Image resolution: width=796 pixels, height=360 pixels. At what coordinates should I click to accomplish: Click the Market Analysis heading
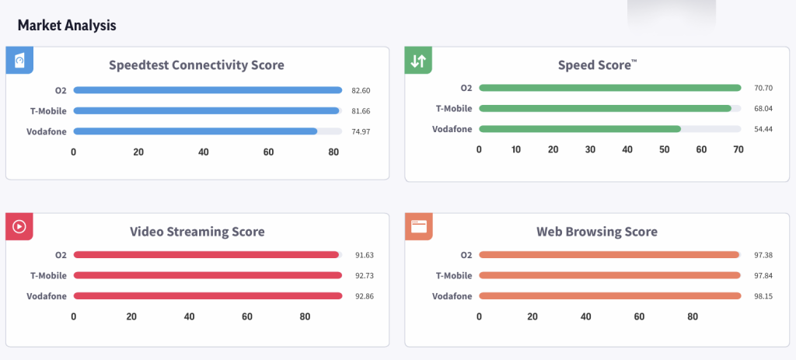67,26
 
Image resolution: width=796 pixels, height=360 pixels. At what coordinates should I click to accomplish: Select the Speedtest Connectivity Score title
197,65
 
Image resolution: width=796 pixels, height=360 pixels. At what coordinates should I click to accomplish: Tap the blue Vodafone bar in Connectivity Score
195,131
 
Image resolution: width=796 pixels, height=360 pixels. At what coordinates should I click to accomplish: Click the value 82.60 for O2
361,91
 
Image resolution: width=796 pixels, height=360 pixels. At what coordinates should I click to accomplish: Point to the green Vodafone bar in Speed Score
580,128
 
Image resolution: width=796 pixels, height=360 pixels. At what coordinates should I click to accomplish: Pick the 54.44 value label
764,129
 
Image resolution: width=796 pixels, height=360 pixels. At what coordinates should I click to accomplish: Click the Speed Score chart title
597,65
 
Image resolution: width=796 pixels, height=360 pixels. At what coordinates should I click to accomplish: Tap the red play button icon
19,227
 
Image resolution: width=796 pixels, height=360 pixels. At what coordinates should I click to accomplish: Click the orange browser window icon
418,226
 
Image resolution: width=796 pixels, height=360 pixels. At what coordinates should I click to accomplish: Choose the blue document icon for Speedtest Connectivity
19,61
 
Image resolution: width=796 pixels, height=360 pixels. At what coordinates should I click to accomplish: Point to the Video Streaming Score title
197,232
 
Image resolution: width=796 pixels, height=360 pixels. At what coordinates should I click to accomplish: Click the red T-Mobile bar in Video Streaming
208,274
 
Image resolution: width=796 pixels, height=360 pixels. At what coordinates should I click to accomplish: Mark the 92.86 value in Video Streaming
361,296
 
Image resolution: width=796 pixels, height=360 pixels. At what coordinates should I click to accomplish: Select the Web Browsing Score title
597,232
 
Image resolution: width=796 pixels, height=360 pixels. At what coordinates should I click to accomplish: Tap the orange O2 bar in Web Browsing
609,254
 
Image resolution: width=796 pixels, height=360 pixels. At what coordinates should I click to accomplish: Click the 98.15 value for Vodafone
764,296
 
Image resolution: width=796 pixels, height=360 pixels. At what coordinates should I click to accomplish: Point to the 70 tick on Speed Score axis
738,149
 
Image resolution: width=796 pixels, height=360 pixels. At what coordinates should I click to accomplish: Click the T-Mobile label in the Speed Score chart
453,109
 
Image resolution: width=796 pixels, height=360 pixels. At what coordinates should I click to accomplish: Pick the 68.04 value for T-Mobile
764,109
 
